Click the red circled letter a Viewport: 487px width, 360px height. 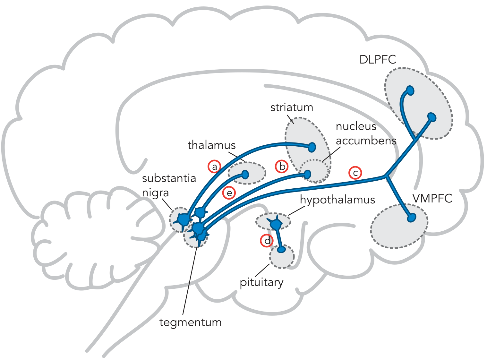214,167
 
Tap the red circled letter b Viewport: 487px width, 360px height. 282,167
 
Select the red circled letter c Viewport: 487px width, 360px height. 355,173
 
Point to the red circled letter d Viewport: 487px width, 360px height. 267,241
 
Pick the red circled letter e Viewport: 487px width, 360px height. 229,193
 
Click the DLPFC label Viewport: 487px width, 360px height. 378,59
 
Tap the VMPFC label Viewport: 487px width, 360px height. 432,198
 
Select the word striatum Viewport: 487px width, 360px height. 292,107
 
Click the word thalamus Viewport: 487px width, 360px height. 211,145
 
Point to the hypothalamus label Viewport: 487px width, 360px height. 337,200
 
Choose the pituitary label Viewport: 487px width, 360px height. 261,283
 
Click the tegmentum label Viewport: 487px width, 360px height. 190,323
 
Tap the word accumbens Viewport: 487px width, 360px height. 366,141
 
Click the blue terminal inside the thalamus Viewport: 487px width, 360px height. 245,175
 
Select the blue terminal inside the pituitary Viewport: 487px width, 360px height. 281,249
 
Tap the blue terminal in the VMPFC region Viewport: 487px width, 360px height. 412,218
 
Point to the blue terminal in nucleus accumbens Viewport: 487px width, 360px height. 307,175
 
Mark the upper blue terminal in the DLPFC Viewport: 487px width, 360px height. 410,90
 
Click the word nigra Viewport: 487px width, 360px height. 156,193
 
